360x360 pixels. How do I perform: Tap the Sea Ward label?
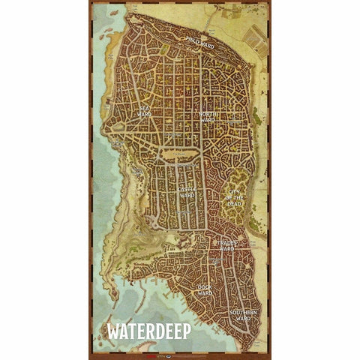click(x=145, y=110)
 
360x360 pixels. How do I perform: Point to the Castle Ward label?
click(x=187, y=191)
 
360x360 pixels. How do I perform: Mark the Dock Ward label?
click(x=204, y=289)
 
